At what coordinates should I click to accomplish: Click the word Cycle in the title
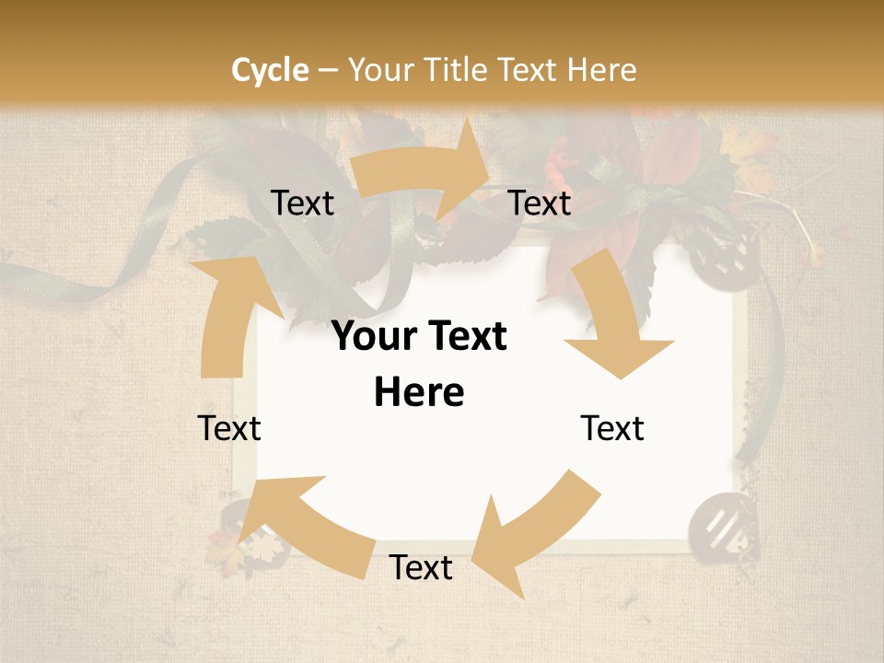click(x=270, y=70)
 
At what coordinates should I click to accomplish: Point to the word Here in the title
click(x=601, y=70)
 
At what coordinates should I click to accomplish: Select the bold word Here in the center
click(x=419, y=393)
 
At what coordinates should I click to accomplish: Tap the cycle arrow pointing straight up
click(x=227, y=313)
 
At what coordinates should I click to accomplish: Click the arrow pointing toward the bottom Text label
click(x=534, y=534)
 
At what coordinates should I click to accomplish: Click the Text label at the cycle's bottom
click(x=421, y=568)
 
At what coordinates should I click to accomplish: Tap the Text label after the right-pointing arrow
click(x=540, y=204)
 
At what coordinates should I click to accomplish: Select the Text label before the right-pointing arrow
click(x=302, y=204)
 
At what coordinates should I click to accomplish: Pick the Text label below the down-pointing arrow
click(x=612, y=429)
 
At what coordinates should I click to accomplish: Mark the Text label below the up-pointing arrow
click(x=229, y=429)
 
